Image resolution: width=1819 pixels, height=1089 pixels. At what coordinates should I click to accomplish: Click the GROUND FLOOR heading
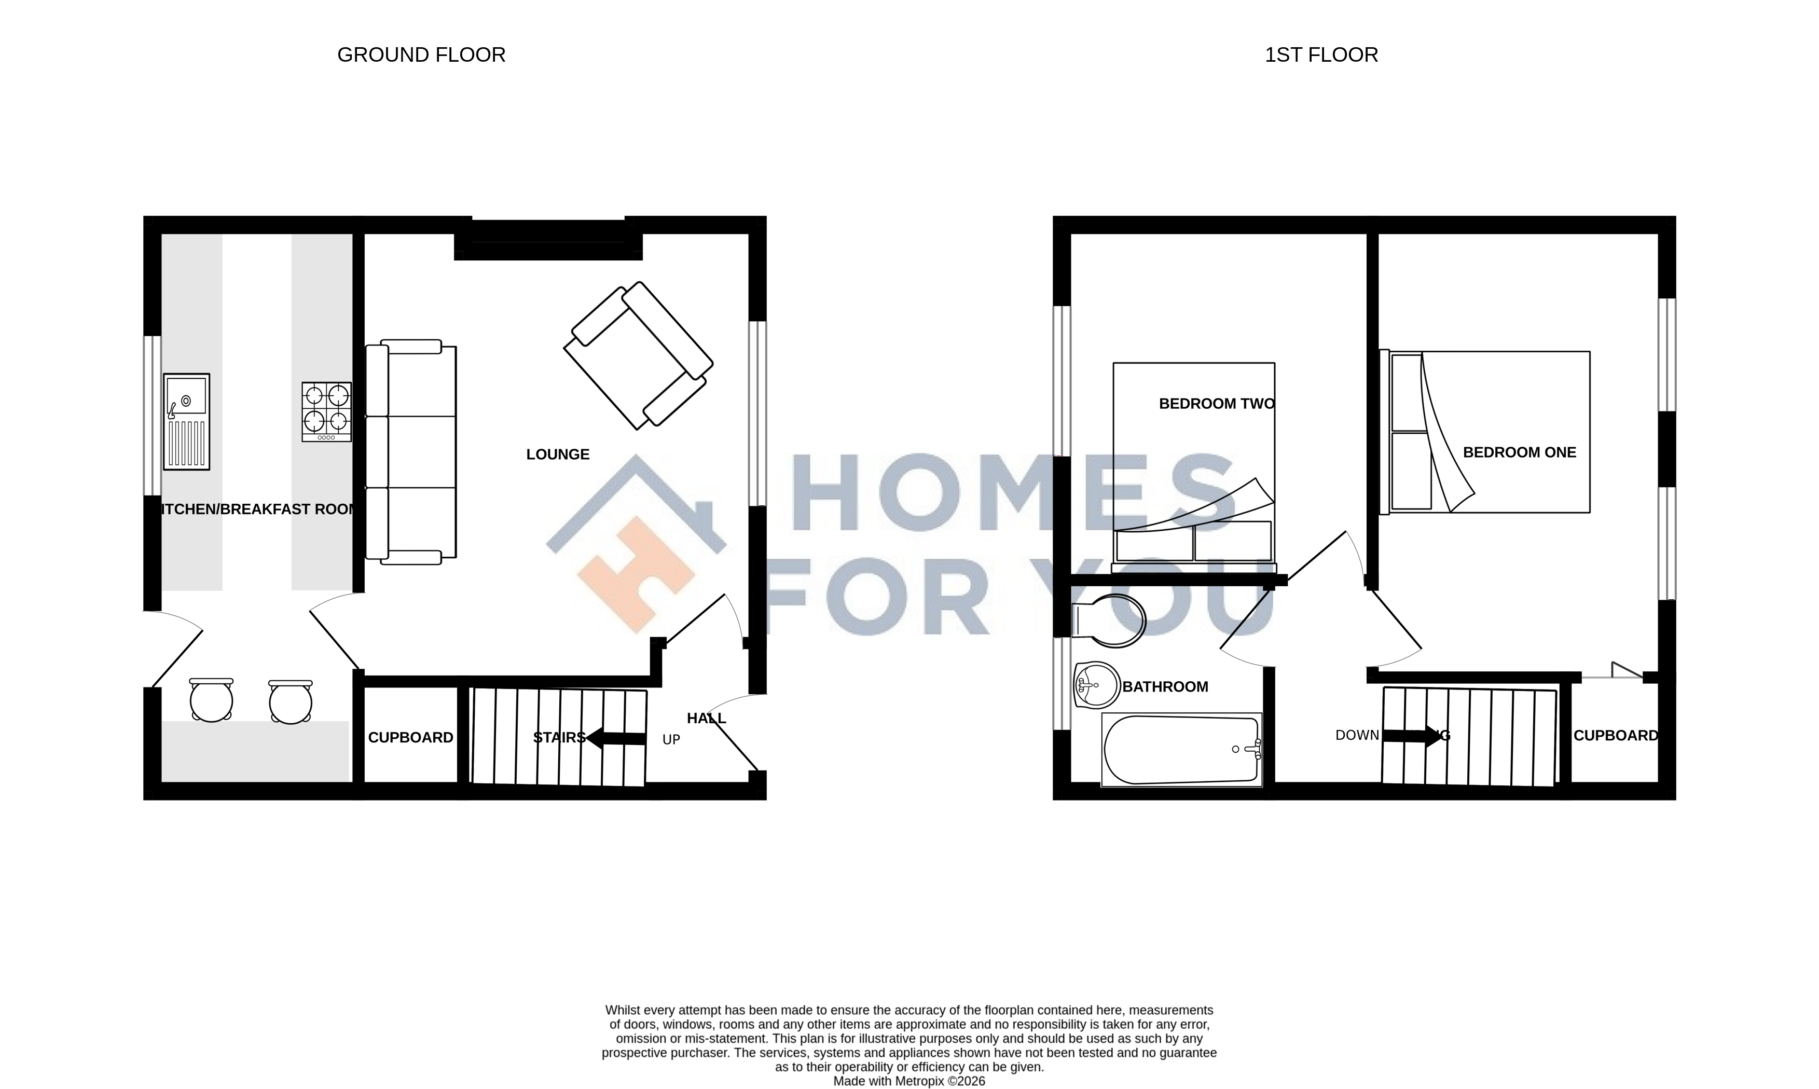(421, 55)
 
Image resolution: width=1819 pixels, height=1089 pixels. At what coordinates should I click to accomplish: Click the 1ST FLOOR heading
(1321, 55)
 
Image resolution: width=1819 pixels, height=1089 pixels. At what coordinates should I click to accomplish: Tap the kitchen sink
(186, 421)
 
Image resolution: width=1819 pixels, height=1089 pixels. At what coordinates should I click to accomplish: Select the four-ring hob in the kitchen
(326, 411)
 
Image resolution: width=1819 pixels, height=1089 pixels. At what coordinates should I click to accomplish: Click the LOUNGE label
(558, 454)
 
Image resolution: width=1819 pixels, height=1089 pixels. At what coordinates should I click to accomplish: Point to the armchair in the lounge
(638, 355)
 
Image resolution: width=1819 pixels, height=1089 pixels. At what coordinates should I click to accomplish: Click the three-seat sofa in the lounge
(411, 452)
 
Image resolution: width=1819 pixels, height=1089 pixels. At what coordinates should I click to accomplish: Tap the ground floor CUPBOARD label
(410, 737)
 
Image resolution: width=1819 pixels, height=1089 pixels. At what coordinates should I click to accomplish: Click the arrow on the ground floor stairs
(615, 738)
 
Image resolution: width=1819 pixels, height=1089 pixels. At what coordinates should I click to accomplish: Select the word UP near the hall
(671, 740)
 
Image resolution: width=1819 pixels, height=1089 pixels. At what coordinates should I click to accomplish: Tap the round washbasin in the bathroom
(1096, 685)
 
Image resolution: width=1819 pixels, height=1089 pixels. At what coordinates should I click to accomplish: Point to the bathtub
(1181, 750)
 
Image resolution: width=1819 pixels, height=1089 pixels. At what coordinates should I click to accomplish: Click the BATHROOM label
(1165, 687)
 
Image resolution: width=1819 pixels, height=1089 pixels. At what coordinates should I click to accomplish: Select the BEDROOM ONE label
(1519, 453)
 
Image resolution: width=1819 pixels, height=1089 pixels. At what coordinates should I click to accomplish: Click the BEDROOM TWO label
(1216, 404)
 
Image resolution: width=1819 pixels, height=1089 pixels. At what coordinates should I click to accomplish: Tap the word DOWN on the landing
(1357, 735)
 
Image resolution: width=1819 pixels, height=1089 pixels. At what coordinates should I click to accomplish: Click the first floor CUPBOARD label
(1615, 735)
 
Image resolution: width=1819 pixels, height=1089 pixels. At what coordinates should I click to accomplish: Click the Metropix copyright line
(909, 1081)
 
